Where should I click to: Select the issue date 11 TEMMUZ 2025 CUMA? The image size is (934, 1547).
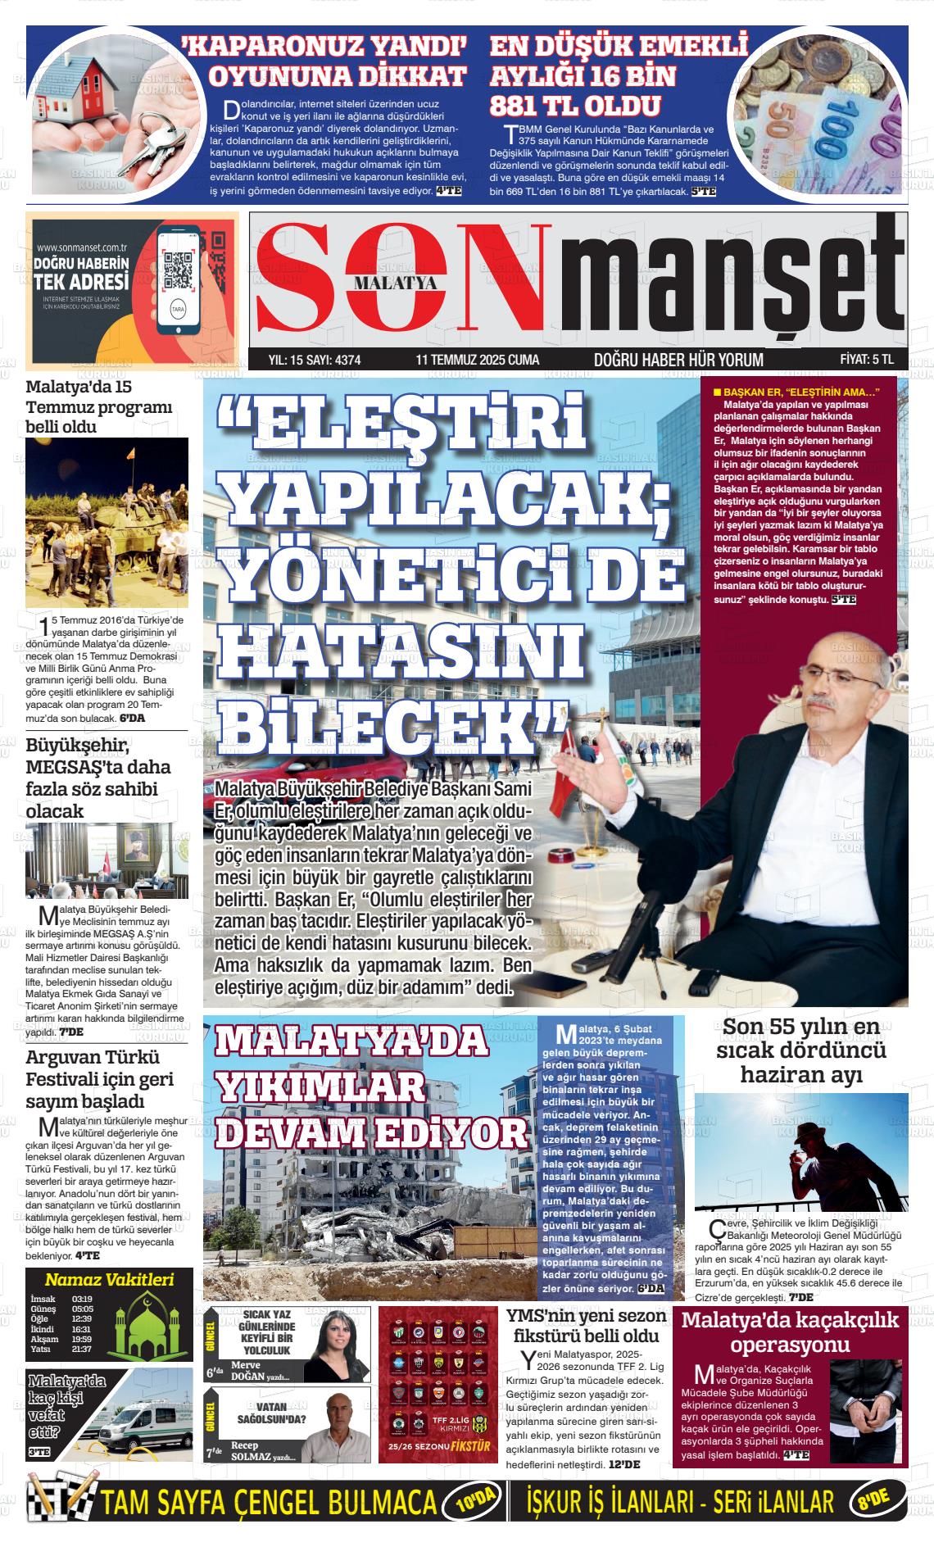click(x=477, y=360)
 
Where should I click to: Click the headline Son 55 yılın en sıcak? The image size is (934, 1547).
click(x=800, y=1050)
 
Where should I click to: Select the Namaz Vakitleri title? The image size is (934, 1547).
click(x=109, y=1280)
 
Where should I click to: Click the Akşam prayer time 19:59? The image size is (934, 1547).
click(x=81, y=1340)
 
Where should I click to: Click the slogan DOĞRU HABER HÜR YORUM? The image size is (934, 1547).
click(x=678, y=360)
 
